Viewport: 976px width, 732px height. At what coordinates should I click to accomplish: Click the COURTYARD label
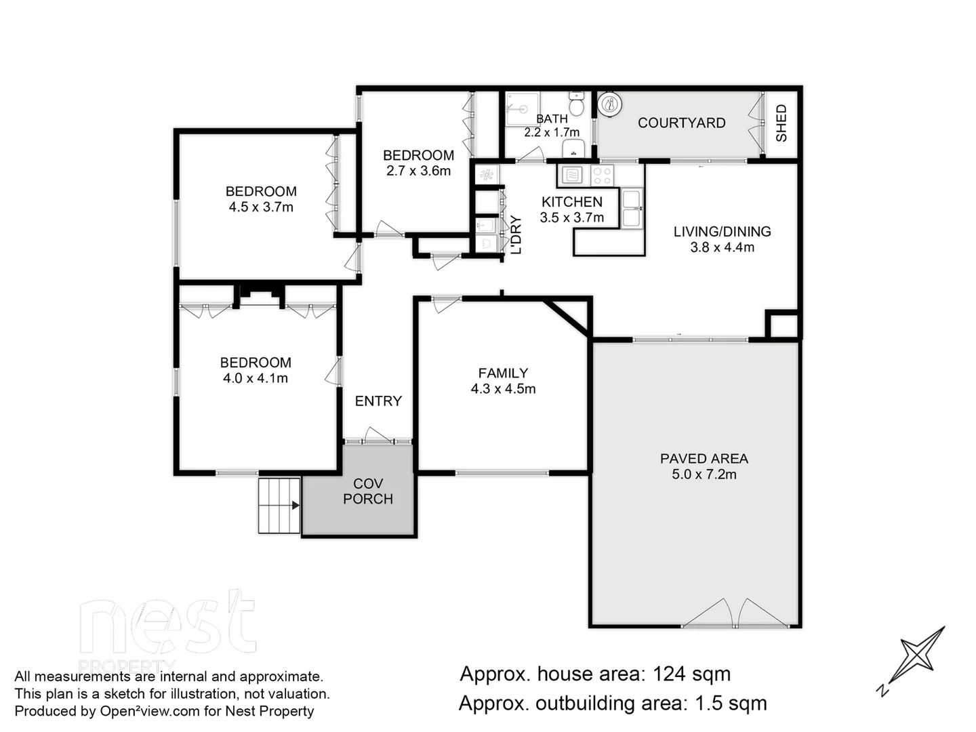pyautogui.click(x=681, y=123)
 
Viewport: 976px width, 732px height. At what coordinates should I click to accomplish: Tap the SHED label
pyautogui.click(x=781, y=123)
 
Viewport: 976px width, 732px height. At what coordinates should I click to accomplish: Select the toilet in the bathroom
pyautogui.click(x=577, y=105)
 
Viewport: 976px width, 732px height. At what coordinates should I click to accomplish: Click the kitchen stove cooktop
pyautogui.click(x=602, y=176)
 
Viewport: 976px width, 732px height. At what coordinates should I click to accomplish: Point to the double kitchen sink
pyautogui.click(x=632, y=208)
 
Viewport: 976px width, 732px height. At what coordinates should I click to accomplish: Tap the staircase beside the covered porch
pyautogui.click(x=279, y=505)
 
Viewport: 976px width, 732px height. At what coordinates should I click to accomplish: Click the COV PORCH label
pyautogui.click(x=368, y=491)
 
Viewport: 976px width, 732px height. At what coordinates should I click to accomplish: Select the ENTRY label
pyautogui.click(x=378, y=401)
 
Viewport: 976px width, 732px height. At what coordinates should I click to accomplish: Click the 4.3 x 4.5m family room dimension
pyautogui.click(x=503, y=389)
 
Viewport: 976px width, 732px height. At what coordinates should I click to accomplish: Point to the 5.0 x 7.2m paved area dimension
pyautogui.click(x=704, y=474)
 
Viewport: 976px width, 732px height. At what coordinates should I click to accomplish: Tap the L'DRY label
pyautogui.click(x=516, y=235)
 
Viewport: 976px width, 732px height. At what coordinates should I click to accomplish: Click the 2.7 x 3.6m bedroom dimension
pyautogui.click(x=418, y=171)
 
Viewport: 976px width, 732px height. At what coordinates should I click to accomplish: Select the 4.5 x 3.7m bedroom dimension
pyautogui.click(x=261, y=207)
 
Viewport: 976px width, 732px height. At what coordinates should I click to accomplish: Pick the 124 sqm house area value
pyautogui.click(x=691, y=674)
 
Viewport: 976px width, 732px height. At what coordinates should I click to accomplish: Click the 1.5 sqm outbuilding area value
pyautogui.click(x=731, y=704)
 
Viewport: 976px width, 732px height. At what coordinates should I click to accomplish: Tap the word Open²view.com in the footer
pyautogui.click(x=150, y=711)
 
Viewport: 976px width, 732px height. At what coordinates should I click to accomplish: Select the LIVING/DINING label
pyautogui.click(x=722, y=232)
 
